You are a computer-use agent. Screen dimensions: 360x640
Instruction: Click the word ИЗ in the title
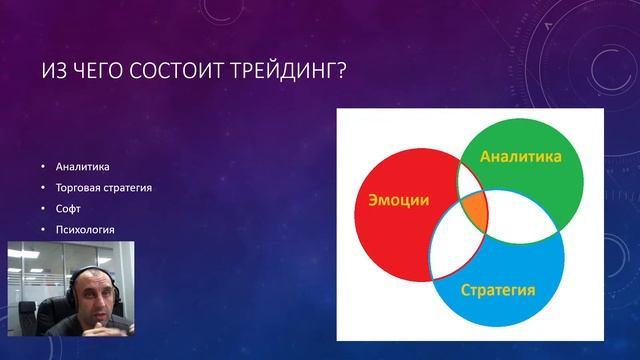click(x=52, y=72)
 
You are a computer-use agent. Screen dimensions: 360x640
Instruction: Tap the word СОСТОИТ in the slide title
click(x=179, y=72)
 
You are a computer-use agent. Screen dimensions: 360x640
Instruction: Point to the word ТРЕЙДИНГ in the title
click(x=283, y=72)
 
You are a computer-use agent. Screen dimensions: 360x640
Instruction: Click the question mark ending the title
click(x=340, y=72)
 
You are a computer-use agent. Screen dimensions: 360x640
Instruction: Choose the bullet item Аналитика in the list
click(x=82, y=166)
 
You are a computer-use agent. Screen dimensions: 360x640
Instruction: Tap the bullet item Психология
click(x=85, y=230)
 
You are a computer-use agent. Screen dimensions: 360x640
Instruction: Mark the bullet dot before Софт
click(x=43, y=209)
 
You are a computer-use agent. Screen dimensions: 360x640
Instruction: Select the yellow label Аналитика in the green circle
click(x=520, y=157)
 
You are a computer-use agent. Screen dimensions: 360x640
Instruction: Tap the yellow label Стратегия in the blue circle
click(x=498, y=291)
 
